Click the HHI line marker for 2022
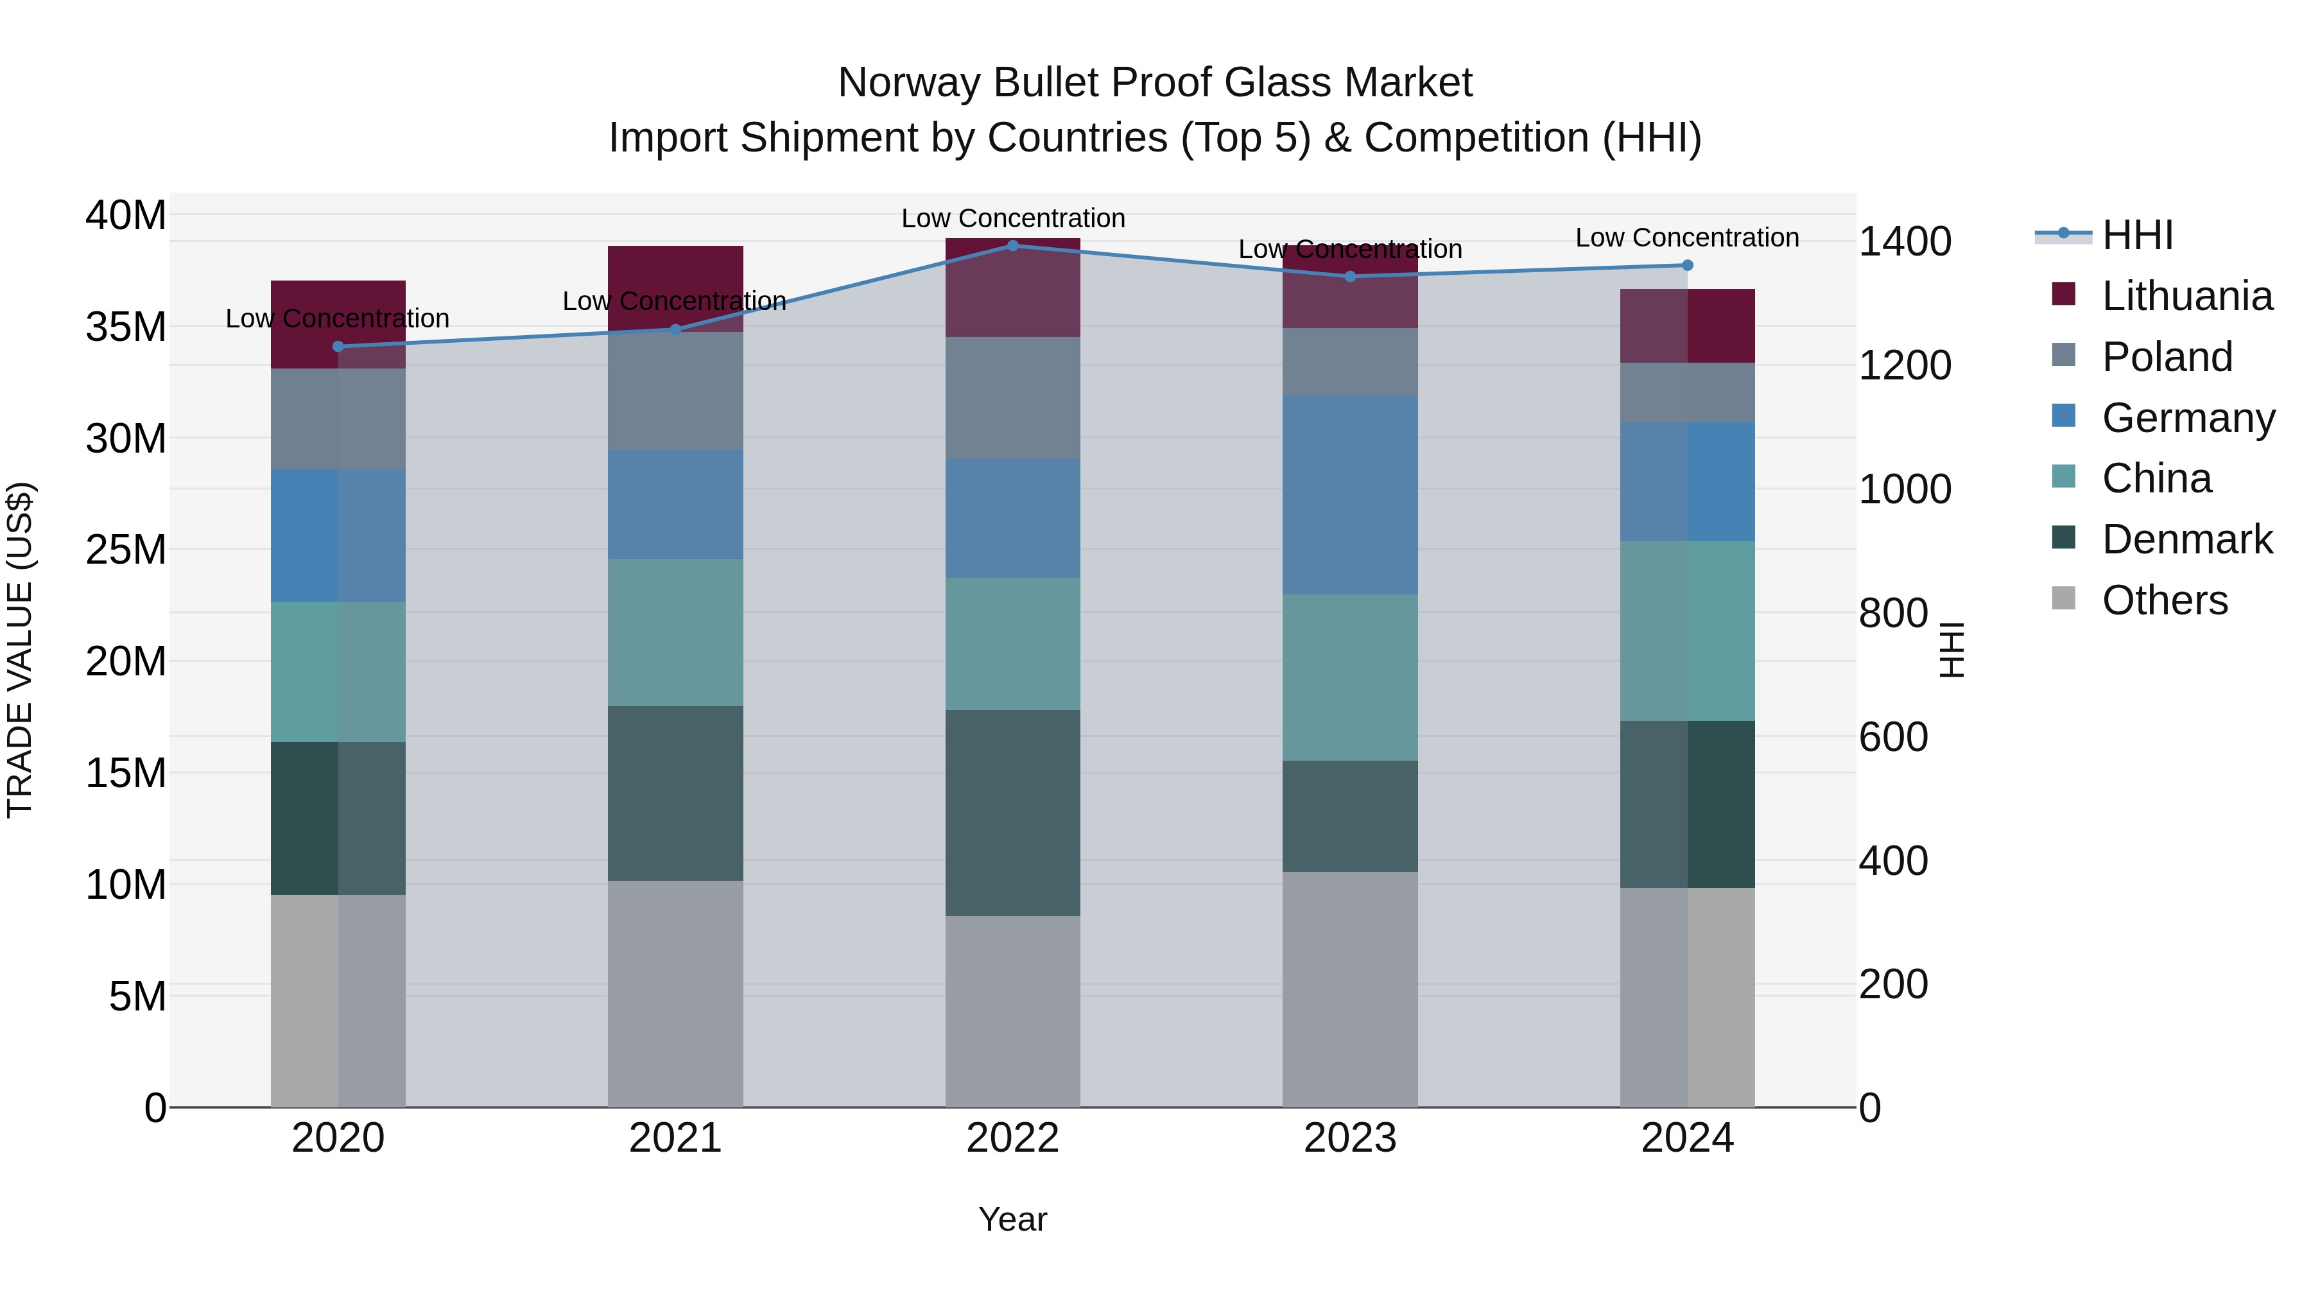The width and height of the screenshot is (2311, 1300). [1013, 245]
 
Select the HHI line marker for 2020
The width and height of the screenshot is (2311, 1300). [338, 346]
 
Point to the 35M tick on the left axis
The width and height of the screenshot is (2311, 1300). [126, 327]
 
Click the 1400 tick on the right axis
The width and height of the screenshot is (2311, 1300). [1905, 241]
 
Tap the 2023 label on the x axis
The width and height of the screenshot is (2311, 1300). [1349, 1138]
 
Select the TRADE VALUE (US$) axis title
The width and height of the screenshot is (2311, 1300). [20, 650]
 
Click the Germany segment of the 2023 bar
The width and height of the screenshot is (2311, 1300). [1349, 495]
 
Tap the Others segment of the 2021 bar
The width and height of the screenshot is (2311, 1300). [675, 993]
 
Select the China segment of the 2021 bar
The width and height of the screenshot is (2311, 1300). [675, 632]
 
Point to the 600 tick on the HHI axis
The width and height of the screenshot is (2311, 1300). [1893, 738]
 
